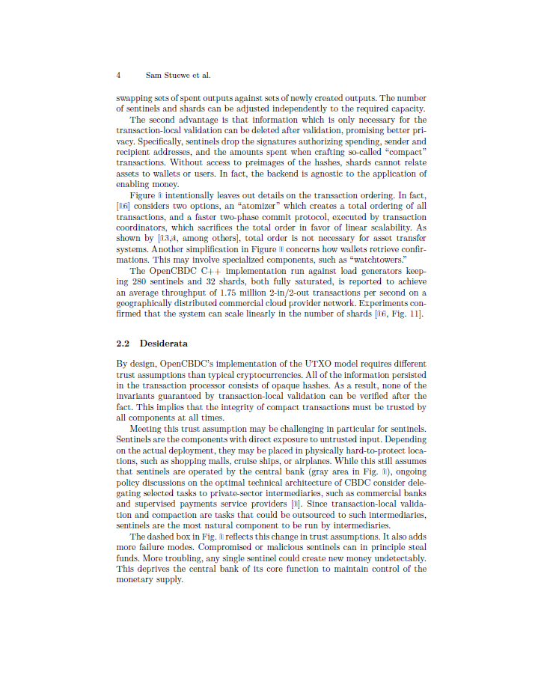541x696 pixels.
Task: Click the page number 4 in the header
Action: tap(119, 76)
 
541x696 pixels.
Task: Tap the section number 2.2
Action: tap(124, 344)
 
